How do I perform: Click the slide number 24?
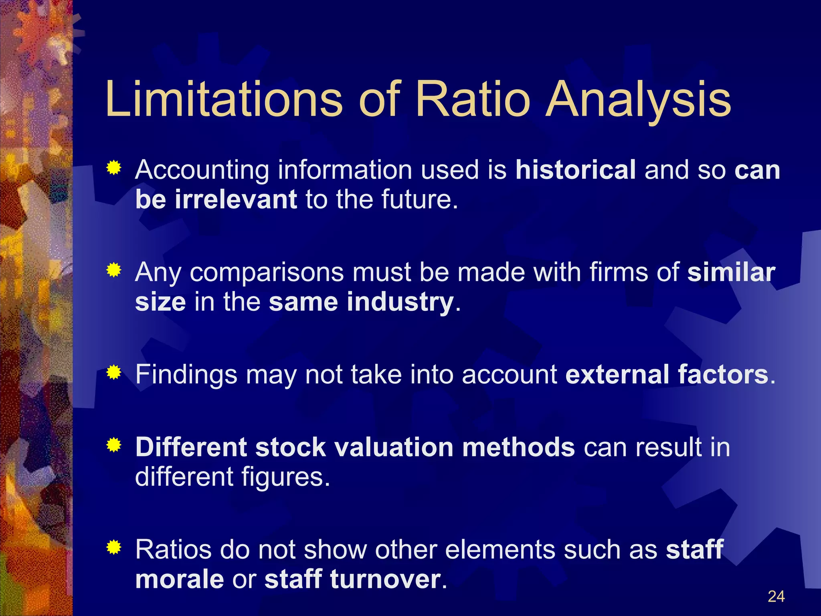(x=776, y=597)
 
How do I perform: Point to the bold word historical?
(x=575, y=170)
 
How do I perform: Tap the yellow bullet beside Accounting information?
(x=114, y=168)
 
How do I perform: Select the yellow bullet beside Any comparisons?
(x=114, y=271)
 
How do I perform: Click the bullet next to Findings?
(x=114, y=373)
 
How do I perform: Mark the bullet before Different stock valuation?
(x=114, y=445)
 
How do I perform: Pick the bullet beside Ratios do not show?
(x=114, y=547)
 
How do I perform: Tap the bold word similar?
(x=731, y=272)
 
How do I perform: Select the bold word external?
(x=617, y=375)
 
